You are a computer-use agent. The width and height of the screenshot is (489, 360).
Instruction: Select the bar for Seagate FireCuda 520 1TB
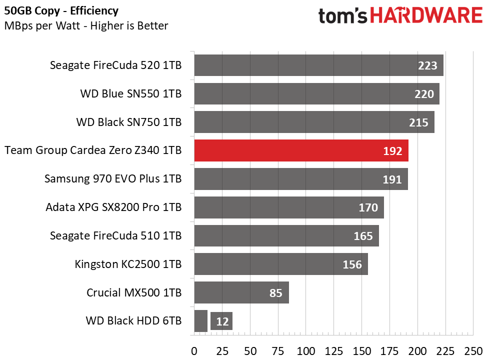pos(318,65)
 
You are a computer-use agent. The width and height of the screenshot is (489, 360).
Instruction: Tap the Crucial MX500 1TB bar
pos(241,292)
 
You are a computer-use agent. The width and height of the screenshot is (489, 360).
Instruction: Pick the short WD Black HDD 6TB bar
pos(200,321)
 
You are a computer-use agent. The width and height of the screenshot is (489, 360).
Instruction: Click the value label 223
pos(428,65)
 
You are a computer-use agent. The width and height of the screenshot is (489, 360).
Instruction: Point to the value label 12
pos(222,321)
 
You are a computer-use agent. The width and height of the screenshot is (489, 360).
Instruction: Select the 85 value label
pos(276,293)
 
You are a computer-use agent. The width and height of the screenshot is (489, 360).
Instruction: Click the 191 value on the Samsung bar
pos(392,179)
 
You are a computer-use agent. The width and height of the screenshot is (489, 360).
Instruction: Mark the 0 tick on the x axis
pos(194,351)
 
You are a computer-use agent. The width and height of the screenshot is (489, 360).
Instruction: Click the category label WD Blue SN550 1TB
pos(130,94)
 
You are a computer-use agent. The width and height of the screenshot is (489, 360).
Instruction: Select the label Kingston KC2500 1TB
pos(127,264)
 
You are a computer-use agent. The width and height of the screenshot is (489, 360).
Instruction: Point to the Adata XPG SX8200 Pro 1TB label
pos(113,207)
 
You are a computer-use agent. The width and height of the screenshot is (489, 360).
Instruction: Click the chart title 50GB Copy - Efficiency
pos(61,10)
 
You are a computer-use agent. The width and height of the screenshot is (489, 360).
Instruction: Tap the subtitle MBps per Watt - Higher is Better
pos(86,26)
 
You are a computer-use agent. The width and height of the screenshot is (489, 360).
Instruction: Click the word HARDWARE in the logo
pos(426,16)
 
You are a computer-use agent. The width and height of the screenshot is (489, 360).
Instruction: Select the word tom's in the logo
pos(343,16)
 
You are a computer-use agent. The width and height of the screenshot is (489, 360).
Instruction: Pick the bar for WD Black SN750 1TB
pos(314,122)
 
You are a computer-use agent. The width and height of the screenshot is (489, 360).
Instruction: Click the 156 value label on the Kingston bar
pos(352,264)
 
